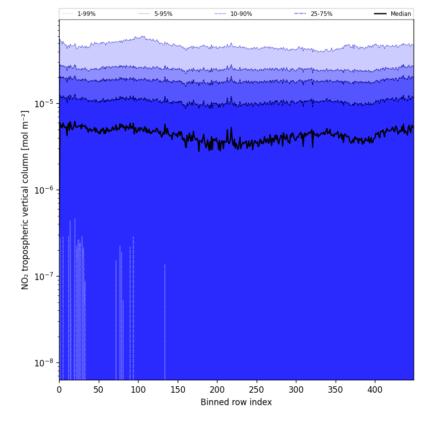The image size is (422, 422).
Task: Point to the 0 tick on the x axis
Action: pos(59,390)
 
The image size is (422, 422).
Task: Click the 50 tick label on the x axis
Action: pos(99,390)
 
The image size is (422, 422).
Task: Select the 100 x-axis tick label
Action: pos(138,390)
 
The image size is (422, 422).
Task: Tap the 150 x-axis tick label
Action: pos(178,390)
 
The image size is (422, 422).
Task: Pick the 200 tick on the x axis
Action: pos(217,390)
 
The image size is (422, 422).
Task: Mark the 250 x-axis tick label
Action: pos(257,390)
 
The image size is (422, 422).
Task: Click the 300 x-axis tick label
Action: pos(296,390)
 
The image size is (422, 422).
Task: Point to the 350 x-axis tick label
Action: pos(336,390)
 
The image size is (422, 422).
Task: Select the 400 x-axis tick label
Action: pos(375,390)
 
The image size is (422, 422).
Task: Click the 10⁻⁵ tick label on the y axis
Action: pos(45,104)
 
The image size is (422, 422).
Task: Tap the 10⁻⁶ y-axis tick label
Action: pos(45,190)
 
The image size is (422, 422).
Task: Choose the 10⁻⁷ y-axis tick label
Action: pos(45,276)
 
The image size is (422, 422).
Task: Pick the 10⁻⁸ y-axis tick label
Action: pos(45,362)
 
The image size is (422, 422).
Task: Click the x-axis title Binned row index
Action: pos(236,403)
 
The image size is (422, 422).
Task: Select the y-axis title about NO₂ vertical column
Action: pos(25,200)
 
